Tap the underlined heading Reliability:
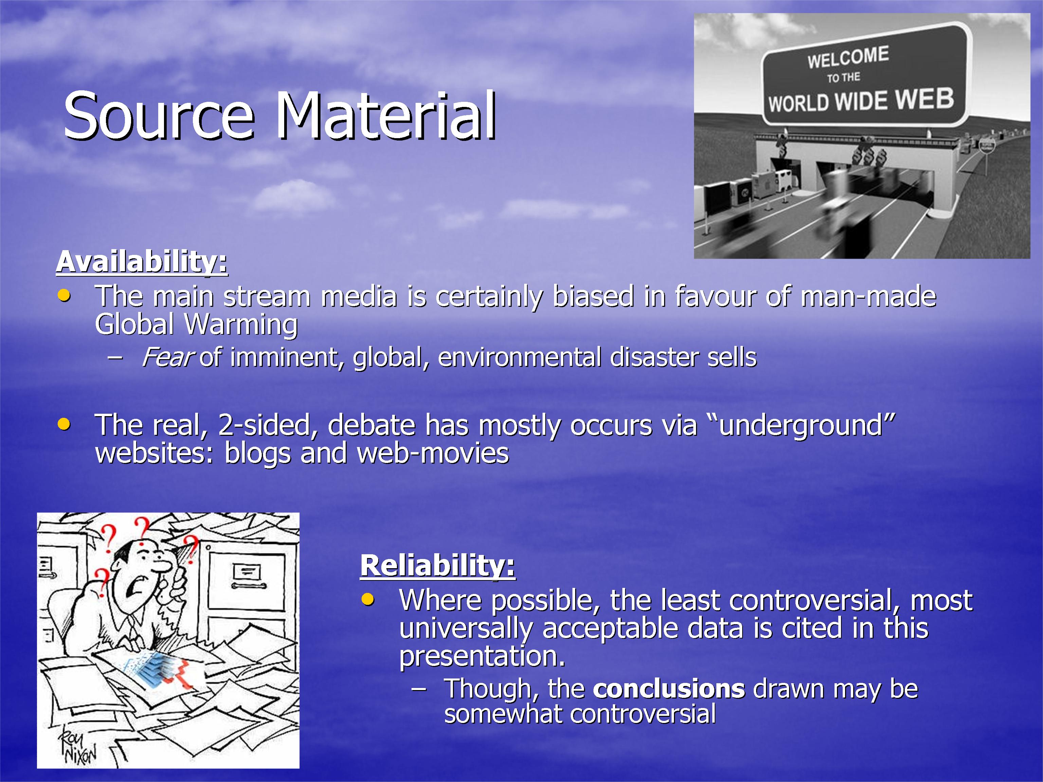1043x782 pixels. [438, 566]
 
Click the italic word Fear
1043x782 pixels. [167, 357]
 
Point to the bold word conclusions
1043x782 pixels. [669, 689]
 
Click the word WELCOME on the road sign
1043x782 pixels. [848, 57]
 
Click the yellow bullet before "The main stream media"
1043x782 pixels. [64, 296]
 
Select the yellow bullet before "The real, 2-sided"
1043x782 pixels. [64, 424]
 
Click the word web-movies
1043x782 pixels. [433, 453]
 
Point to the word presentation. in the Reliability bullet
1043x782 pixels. [482, 656]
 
